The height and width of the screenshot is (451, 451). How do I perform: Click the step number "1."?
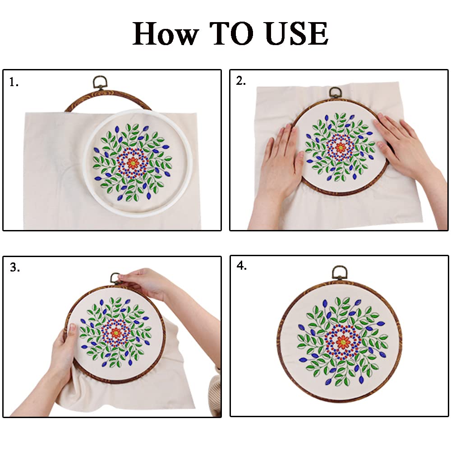(x=14, y=83)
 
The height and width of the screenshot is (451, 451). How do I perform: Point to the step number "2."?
(x=241, y=81)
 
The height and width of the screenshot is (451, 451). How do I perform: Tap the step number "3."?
(x=15, y=267)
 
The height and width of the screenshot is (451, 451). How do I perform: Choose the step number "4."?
(x=242, y=266)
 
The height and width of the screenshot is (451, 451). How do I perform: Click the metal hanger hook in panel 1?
(x=98, y=83)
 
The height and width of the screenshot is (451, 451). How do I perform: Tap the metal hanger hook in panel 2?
(x=335, y=92)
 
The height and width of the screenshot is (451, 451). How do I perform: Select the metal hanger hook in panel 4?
(x=340, y=272)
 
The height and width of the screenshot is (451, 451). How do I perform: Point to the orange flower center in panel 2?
(x=341, y=147)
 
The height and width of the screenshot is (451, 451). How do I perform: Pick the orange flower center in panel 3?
(x=116, y=333)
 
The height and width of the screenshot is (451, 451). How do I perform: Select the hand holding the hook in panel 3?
(x=144, y=282)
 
